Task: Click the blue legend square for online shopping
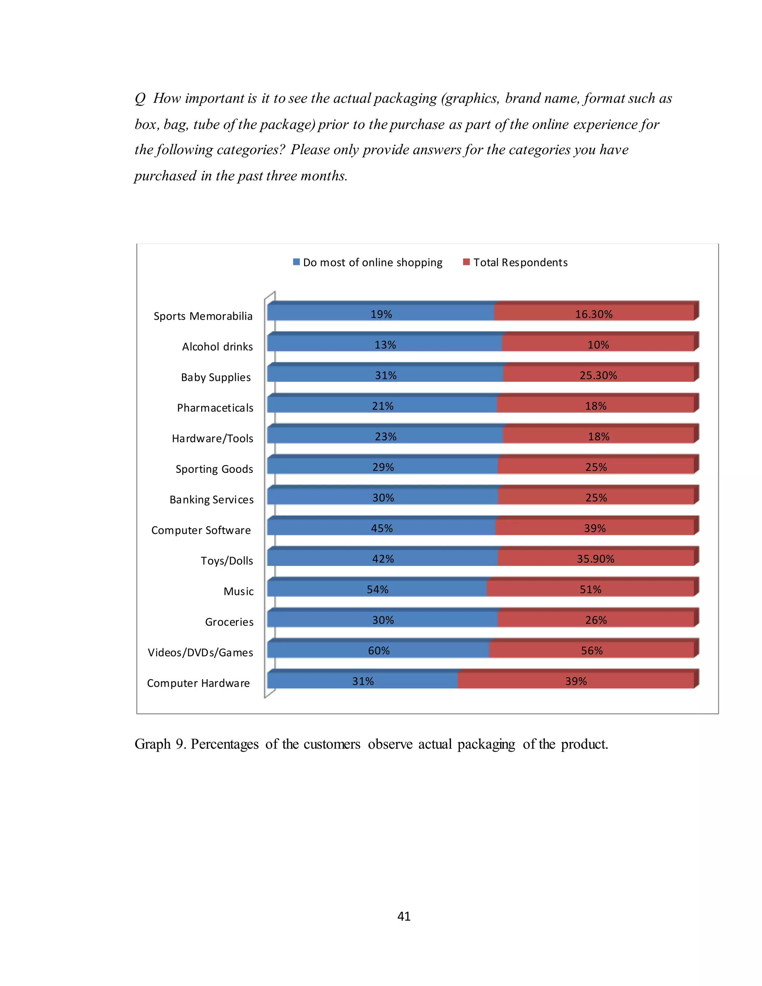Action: [x=296, y=262]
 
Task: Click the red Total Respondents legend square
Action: [x=466, y=262]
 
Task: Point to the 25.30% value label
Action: [x=598, y=375]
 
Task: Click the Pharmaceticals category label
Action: [x=215, y=408]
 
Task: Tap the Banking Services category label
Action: [x=211, y=499]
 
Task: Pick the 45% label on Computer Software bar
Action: [x=382, y=528]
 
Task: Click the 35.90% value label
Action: [x=595, y=559]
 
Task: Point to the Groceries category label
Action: [x=229, y=622]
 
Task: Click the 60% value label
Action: [x=379, y=650]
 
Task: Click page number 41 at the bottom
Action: [x=404, y=916]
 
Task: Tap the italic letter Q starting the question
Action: [x=140, y=99]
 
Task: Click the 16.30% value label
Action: [x=593, y=314]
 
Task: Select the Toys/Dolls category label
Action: [x=227, y=561]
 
